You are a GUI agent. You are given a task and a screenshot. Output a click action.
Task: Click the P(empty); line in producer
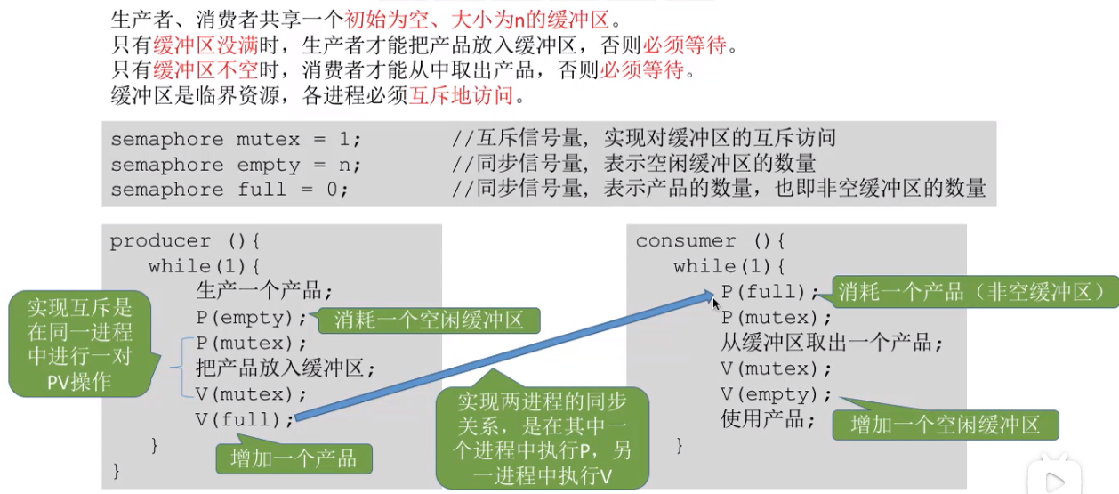251,318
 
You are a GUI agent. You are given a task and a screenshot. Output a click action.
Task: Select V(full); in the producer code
245,419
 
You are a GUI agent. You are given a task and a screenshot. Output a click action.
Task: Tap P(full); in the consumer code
769,291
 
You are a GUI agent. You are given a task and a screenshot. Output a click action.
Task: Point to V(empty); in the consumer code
776,394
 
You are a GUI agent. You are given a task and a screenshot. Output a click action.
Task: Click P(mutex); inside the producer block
251,343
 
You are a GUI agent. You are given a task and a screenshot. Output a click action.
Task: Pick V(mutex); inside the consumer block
776,368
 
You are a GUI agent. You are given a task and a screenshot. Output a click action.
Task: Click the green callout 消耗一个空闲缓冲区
429,320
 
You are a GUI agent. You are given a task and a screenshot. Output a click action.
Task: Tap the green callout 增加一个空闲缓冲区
946,425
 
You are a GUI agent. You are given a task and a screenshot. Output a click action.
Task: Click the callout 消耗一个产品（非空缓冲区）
974,291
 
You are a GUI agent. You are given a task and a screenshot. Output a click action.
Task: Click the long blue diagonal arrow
504,356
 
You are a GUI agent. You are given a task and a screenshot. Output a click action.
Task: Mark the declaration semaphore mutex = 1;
236,139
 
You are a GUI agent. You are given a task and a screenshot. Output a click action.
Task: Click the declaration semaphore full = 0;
229,190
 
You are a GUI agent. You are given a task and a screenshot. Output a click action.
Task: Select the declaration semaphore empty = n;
236,165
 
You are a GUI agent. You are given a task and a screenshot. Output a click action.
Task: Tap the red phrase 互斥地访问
461,95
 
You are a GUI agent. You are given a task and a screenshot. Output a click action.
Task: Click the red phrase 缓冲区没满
205,45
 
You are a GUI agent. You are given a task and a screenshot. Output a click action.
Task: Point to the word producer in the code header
160,241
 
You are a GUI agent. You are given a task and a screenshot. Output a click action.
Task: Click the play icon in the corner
1055,481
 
